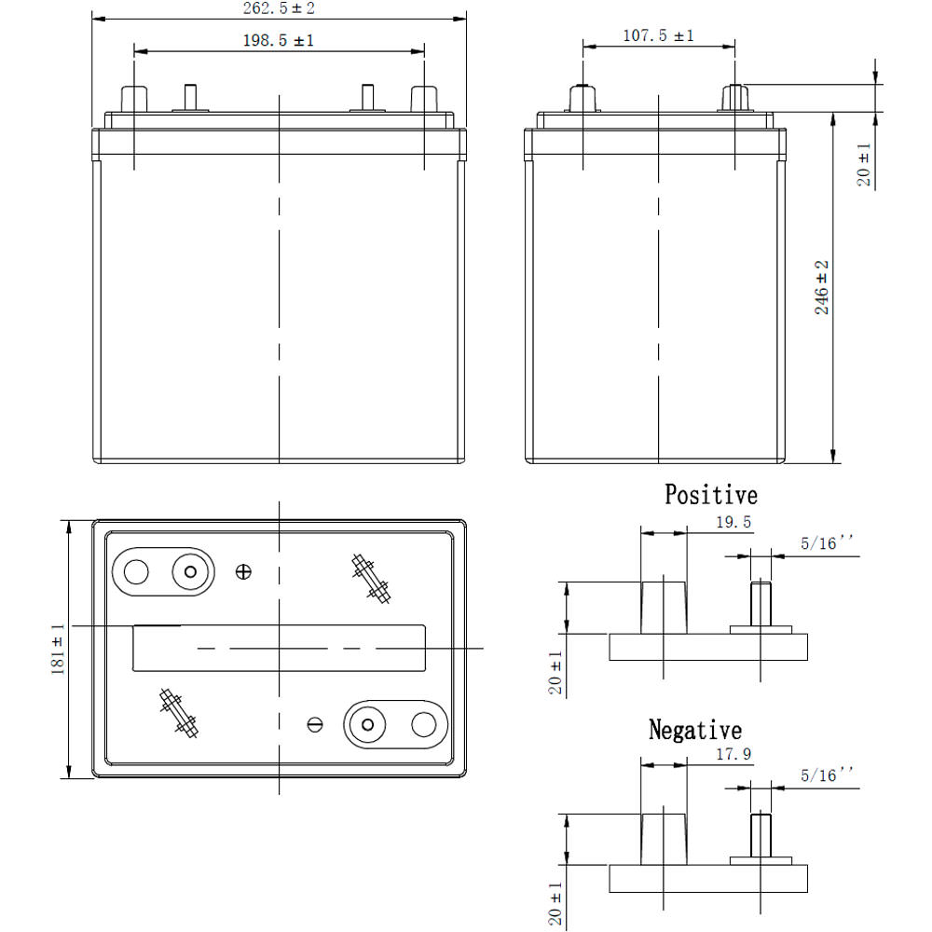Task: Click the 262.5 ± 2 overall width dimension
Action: pyautogui.click(x=280, y=8)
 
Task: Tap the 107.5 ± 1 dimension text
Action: pyautogui.click(x=658, y=35)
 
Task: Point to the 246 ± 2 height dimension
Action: pyautogui.click(x=822, y=287)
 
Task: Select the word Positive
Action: pyautogui.click(x=710, y=494)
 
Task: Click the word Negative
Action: pyautogui.click(x=695, y=730)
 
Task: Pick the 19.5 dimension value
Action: pyautogui.click(x=733, y=522)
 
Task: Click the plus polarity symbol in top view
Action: pyautogui.click(x=244, y=571)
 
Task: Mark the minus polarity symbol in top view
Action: pyautogui.click(x=315, y=724)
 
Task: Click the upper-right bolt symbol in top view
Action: pyautogui.click(x=370, y=578)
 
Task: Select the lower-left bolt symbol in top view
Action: pyautogui.click(x=179, y=714)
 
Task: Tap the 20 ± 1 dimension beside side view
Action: pyautogui.click(x=864, y=165)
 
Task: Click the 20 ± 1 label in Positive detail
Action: pyautogui.click(x=556, y=674)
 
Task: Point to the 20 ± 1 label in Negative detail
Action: pyautogui.click(x=556, y=903)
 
